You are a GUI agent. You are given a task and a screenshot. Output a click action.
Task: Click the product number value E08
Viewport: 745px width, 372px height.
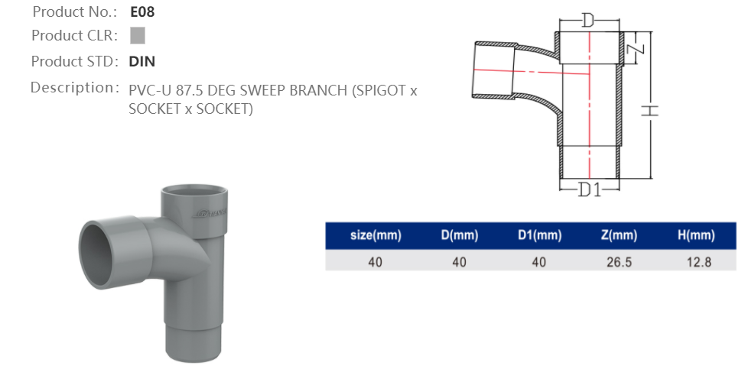(143, 12)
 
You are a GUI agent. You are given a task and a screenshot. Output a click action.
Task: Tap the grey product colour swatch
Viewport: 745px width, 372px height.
(138, 36)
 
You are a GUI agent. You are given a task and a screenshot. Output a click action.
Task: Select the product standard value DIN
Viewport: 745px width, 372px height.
(142, 61)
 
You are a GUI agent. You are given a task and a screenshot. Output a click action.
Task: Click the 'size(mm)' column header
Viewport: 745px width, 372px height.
(375, 235)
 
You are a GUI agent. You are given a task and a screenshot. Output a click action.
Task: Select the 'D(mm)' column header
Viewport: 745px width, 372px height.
(459, 235)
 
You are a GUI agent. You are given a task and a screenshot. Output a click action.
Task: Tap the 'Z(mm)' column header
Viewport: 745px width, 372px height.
(620, 235)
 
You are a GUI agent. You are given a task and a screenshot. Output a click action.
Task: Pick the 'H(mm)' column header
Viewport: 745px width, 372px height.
(696, 235)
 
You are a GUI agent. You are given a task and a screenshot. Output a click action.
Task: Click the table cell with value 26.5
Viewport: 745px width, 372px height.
(620, 261)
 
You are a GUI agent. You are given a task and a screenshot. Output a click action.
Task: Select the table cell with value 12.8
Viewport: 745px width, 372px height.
(696, 261)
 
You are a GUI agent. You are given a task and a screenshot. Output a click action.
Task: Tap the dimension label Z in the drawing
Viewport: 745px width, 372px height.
(639, 48)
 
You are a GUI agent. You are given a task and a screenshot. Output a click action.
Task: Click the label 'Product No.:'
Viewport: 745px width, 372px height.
(74, 12)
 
